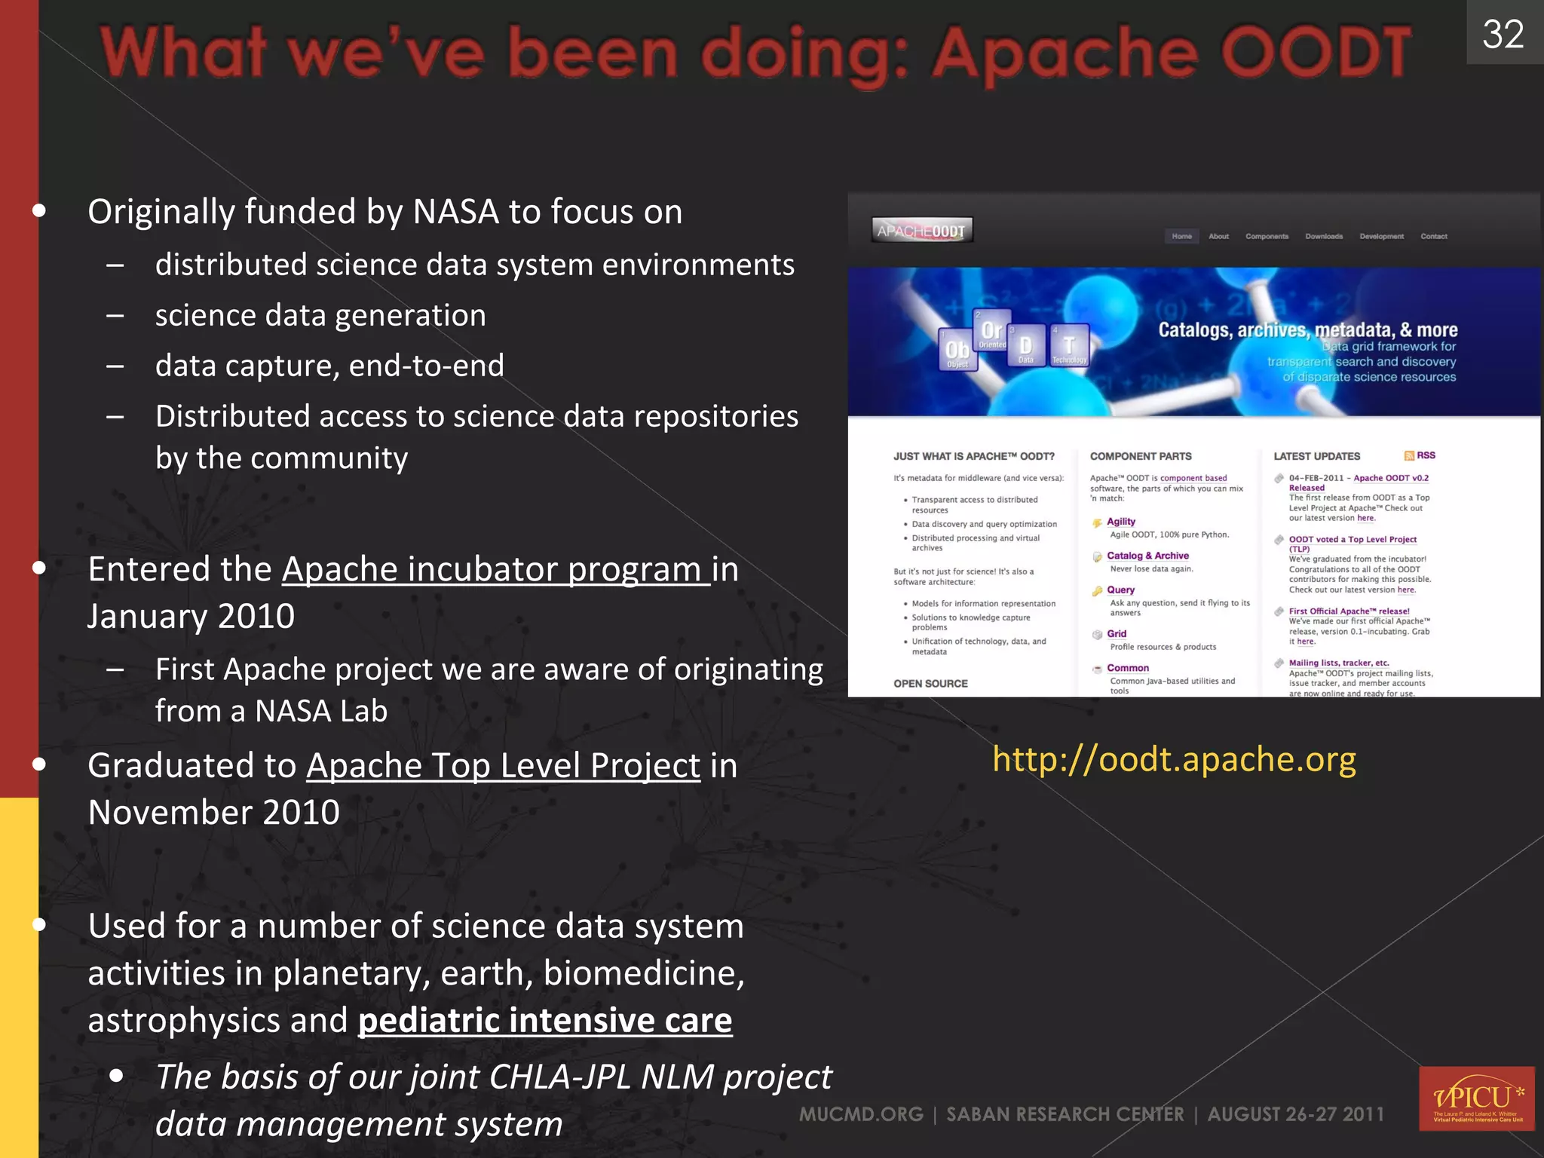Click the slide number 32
1503,34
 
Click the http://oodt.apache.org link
1174,759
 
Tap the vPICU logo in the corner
1476,1098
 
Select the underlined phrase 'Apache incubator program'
495,569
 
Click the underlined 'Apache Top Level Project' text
503,766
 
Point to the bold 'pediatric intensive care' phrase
545,1020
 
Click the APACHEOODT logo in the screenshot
921,231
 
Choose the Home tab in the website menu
1181,237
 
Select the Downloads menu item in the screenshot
1324,237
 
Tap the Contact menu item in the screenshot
1434,237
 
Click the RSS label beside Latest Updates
1424,455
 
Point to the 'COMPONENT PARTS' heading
1141,456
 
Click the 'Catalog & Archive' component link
1147,556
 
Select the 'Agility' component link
1120,522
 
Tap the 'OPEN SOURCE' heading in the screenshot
930,684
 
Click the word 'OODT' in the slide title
1316,53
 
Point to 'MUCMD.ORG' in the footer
861,1114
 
